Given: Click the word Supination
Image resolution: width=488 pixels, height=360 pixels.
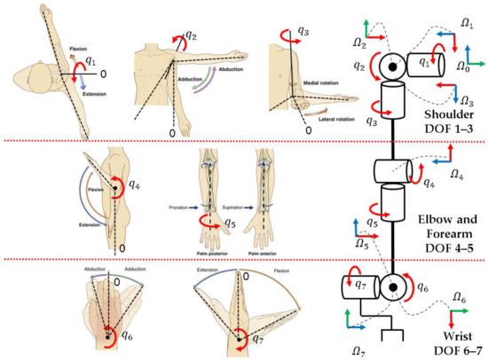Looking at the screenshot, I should [x=232, y=207].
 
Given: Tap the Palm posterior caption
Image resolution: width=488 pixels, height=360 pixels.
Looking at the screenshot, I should [x=209, y=250].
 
